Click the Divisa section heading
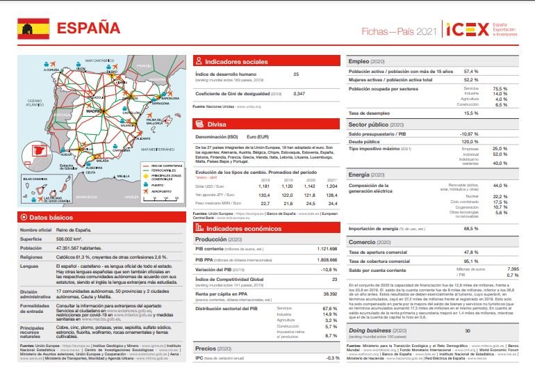[217, 124]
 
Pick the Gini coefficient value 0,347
[299, 93]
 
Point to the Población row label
[31, 247]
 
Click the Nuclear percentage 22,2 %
[500, 197]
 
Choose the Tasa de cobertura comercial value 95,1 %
[471, 261]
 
